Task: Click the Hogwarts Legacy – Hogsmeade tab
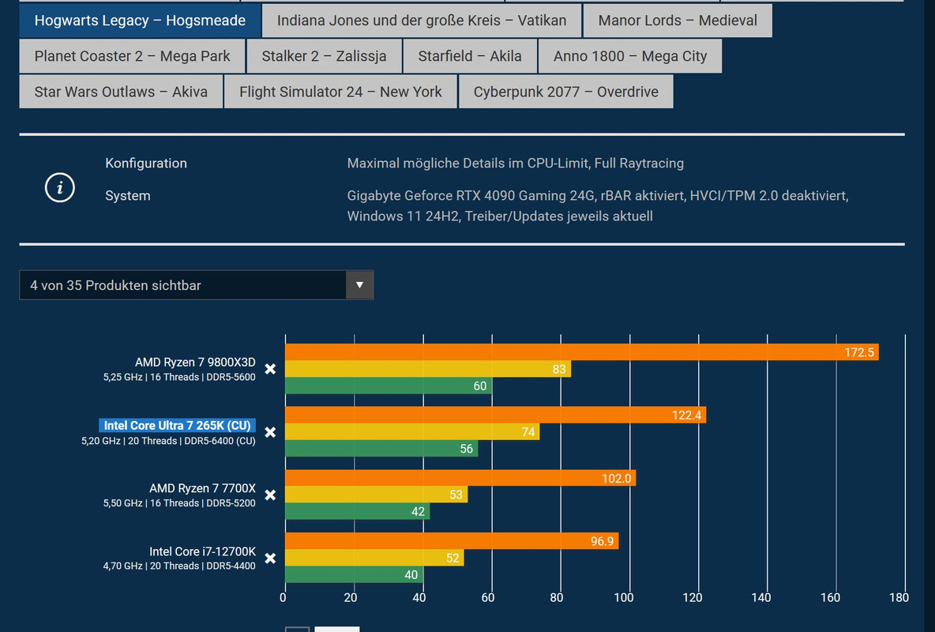point(140,21)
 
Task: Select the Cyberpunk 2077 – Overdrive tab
point(565,92)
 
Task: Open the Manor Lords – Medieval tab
point(677,21)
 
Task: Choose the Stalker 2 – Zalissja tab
point(324,56)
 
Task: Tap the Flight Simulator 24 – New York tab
point(340,92)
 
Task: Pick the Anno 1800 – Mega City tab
point(629,56)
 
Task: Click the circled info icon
point(60,188)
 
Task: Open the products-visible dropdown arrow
point(359,285)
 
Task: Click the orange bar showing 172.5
point(581,352)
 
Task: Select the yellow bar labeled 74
point(411,432)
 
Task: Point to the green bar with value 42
point(356,512)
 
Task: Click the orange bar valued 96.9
point(451,541)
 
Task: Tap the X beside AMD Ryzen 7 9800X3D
point(270,369)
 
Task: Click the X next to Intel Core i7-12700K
point(270,559)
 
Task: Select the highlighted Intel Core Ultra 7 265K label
point(177,426)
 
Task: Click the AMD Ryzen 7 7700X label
point(202,488)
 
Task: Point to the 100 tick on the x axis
point(625,598)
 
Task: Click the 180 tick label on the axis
point(899,598)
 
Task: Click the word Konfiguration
point(146,164)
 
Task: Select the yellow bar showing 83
point(427,369)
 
